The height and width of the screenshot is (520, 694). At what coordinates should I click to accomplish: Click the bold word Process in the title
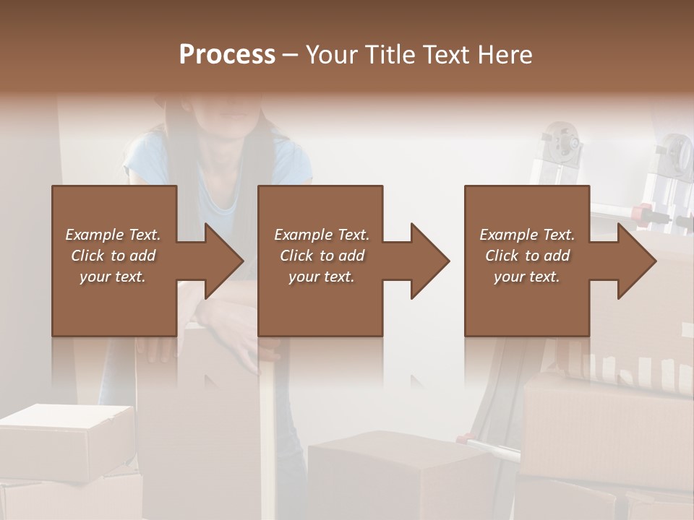coord(227,55)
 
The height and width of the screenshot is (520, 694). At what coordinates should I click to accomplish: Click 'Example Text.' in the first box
coord(113,235)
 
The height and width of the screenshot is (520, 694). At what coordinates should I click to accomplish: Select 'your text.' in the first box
coord(113,277)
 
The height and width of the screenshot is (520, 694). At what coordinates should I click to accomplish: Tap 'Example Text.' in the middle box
coord(322,235)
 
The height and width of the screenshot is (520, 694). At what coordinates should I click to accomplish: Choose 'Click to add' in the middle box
coord(322,256)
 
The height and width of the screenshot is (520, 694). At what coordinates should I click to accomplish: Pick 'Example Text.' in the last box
coord(527,235)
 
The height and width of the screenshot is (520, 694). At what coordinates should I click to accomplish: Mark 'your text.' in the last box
coord(527,277)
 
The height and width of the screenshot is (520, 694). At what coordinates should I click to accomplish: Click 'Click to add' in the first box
coord(113,256)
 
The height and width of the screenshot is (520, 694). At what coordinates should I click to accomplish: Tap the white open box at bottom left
coord(65,433)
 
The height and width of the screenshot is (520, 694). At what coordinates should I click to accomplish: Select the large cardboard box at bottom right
coord(607,426)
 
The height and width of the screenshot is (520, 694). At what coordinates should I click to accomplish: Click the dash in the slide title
coord(291,55)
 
